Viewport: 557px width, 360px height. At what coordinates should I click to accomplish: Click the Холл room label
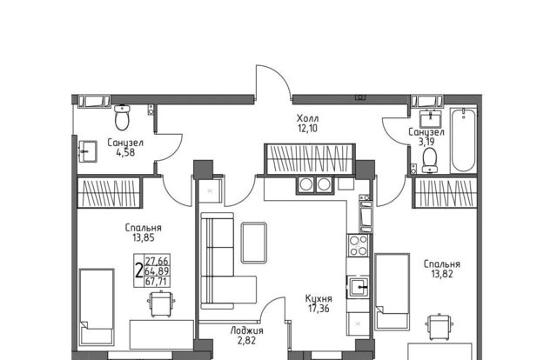(307, 118)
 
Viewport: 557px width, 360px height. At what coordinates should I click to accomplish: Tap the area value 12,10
(307, 128)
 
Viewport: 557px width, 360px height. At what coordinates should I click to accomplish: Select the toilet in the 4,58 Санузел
(122, 117)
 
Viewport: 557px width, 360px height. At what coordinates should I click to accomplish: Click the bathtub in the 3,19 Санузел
(464, 140)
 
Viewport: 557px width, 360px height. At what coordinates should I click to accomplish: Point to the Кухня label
(319, 298)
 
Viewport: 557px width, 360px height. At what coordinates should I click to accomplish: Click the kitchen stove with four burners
(358, 246)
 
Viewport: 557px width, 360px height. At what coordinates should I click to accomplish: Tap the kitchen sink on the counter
(359, 287)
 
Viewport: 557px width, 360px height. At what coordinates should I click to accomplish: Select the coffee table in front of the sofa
(254, 243)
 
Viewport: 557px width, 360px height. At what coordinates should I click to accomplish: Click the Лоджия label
(247, 331)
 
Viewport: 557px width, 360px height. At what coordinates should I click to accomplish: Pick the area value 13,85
(144, 237)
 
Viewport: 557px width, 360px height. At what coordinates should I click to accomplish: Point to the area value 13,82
(442, 274)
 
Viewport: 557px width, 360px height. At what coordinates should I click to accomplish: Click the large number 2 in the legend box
(139, 270)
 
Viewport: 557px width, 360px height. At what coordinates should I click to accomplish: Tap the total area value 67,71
(157, 282)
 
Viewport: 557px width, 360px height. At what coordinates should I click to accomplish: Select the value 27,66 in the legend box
(157, 261)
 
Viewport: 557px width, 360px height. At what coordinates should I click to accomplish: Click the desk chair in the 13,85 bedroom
(161, 303)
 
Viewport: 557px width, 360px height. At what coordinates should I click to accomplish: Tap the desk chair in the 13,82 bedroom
(440, 327)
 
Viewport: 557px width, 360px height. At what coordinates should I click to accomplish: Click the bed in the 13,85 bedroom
(97, 307)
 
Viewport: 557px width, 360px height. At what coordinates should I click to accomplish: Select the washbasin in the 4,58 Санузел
(87, 151)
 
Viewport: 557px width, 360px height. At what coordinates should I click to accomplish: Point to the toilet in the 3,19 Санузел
(430, 160)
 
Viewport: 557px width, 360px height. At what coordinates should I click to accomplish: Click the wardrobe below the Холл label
(310, 159)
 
